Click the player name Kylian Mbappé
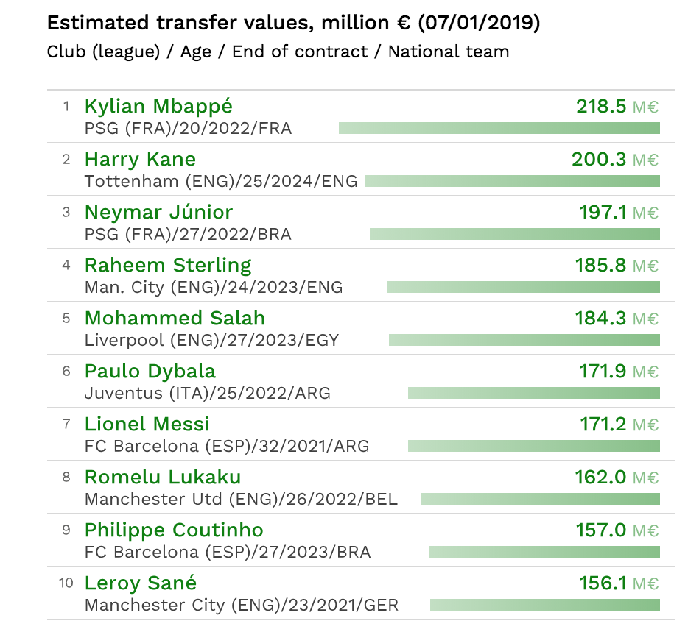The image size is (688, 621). coord(158,107)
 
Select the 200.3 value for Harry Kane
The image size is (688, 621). coord(599,160)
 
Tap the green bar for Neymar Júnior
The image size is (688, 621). coord(514,234)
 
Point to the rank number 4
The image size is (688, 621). coord(66,265)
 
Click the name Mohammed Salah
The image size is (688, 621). coord(175,319)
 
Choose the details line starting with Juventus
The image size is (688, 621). coord(207,393)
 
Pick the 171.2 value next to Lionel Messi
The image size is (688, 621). coord(603,425)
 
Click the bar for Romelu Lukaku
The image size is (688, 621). coord(540,499)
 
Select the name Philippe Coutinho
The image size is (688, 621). coord(174,530)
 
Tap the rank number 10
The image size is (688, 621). coord(66,583)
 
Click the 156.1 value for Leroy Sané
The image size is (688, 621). coord(603,583)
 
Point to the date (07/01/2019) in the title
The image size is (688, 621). coord(479,23)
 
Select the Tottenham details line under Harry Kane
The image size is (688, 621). coord(220,181)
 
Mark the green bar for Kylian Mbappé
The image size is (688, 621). coord(499,128)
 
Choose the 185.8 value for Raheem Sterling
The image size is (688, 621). coord(601,266)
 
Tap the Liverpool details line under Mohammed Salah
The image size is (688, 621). coord(211,340)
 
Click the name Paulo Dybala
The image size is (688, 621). coord(150,372)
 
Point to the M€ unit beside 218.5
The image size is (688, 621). coord(645,107)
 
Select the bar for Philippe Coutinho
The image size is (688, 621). coord(544,552)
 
